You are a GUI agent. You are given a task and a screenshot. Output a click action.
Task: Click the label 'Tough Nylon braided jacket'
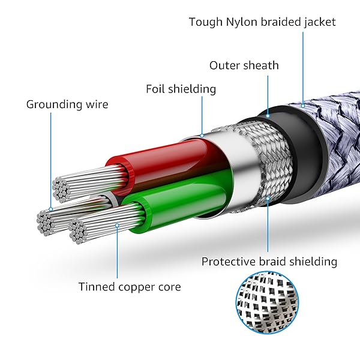262,22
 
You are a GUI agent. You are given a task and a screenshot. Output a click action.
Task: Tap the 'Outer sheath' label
244,65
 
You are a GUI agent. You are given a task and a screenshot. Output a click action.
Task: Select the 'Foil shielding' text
181,89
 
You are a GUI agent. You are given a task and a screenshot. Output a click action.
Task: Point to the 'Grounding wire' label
67,104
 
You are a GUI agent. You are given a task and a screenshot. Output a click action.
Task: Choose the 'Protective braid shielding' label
269,262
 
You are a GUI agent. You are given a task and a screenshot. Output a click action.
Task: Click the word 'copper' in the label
136,287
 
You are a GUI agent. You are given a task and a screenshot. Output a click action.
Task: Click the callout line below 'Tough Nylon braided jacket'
304,66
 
